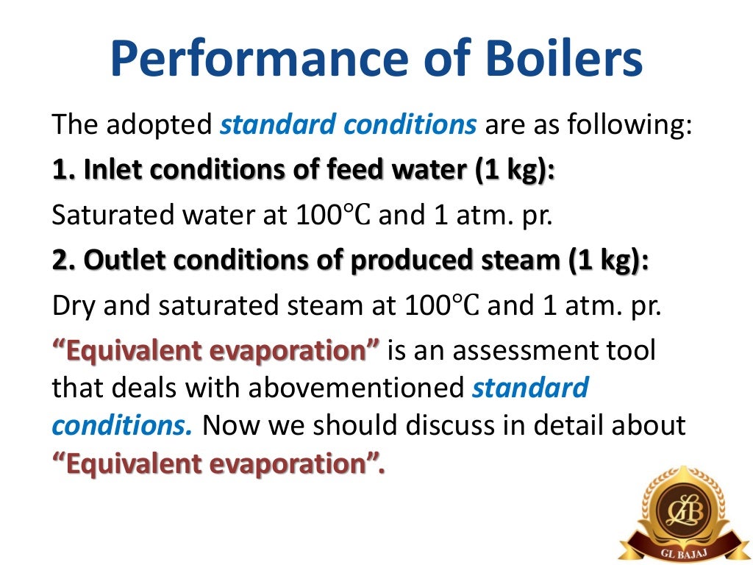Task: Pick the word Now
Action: tap(229, 425)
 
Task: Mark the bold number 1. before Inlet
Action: tap(63, 171)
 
